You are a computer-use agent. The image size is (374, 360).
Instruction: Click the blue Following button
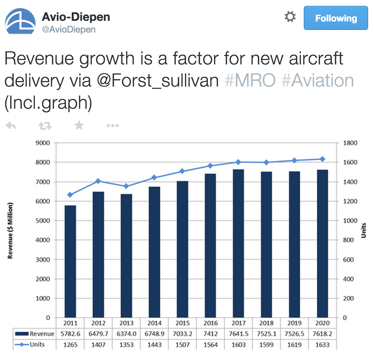pos(336,18)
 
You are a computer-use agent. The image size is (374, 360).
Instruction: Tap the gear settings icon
pos(290,17)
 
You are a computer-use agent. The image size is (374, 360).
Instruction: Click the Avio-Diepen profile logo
pos(20,21)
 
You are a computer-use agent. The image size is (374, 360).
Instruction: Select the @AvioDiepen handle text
pos(69,29)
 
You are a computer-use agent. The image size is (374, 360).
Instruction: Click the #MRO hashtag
pos(250,80)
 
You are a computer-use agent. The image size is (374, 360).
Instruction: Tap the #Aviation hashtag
pos(318,80)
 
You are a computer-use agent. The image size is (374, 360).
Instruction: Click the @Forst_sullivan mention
pos(158,80)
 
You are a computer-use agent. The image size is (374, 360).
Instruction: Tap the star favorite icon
pos(79,125)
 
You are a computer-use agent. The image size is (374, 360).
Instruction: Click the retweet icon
pos(45,126)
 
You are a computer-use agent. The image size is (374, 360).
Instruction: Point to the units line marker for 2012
pos(98,181)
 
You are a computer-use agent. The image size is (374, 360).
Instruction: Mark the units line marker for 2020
pos(323,159)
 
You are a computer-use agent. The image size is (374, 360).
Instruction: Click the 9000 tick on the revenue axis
pos(43,143)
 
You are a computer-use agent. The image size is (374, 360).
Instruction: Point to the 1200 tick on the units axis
pos(350,201)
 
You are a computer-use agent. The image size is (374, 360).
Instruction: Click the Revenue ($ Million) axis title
pos(10,230)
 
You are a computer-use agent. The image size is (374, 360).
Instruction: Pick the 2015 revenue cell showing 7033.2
pos(182,334)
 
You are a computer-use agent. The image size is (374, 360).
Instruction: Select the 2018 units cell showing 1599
pos(266,345)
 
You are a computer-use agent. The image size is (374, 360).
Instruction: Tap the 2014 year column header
pos(154,323)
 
